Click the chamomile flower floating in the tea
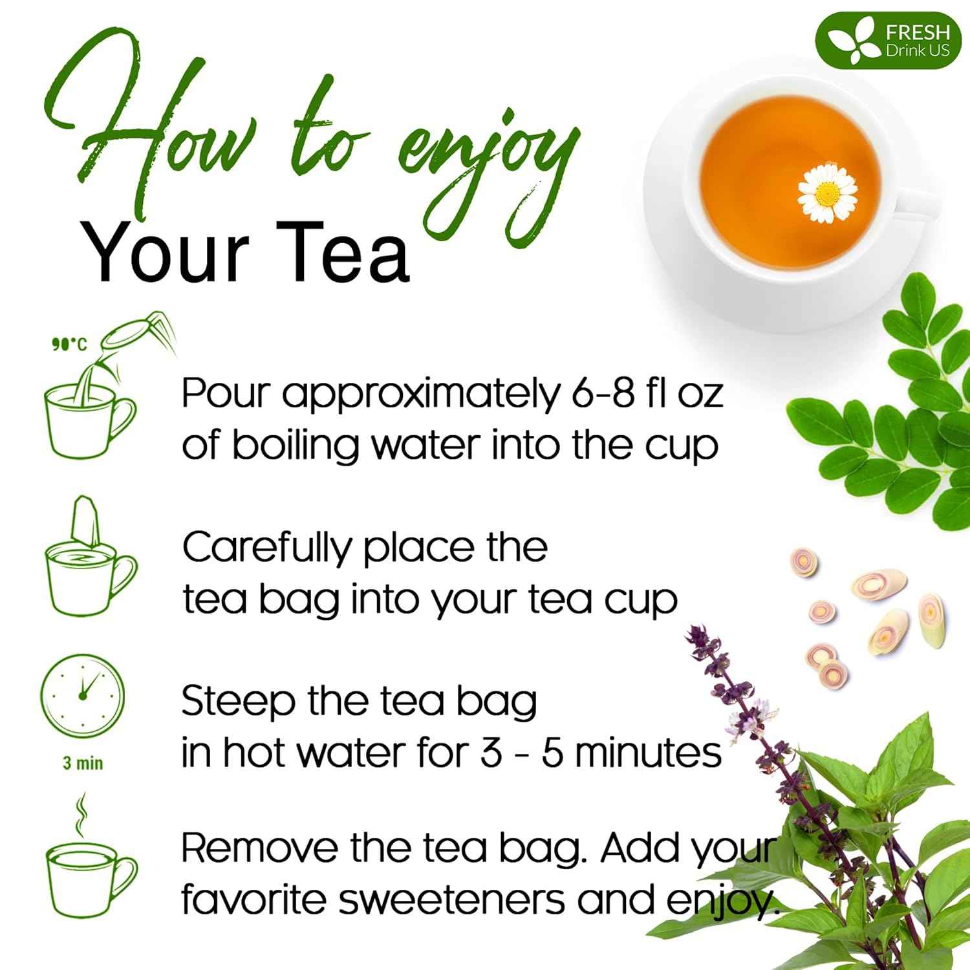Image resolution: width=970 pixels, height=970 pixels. (827, 192)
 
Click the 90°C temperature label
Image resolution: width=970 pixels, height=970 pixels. (69, 344)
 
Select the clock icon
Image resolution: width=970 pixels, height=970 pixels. (83, 694)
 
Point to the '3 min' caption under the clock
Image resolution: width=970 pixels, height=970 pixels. (83, 764)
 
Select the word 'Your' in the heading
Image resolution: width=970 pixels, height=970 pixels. (165, 253)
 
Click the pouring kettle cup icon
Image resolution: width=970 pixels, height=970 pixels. (97, 388)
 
